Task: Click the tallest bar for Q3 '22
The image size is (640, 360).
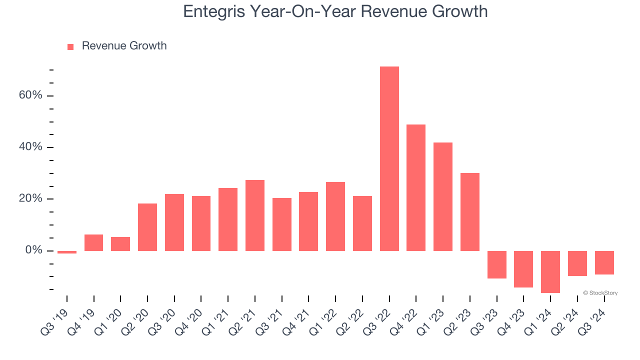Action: pos(389,158)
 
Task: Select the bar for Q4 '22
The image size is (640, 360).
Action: pos(416,187)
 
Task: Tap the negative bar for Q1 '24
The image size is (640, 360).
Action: pos(550,271)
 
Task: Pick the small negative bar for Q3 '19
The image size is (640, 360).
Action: pos(67,252)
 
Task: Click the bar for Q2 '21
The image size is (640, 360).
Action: pos(255,215)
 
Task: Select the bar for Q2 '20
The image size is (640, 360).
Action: pos(147,227)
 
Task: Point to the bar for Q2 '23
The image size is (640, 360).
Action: pos(470,211)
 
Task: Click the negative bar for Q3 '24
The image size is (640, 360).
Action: pos(604,262)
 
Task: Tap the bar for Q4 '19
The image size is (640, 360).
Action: pos(94,242)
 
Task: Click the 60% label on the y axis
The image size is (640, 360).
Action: pos(30,95)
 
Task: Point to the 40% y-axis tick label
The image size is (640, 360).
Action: pos(30,147)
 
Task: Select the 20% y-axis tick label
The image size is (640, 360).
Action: pos(30,198)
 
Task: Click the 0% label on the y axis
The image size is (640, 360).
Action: pos(34,250)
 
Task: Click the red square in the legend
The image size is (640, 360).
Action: pos(70,46)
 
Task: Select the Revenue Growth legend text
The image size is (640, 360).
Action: pos(124,46)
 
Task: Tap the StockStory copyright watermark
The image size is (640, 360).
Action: pos(600,293)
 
